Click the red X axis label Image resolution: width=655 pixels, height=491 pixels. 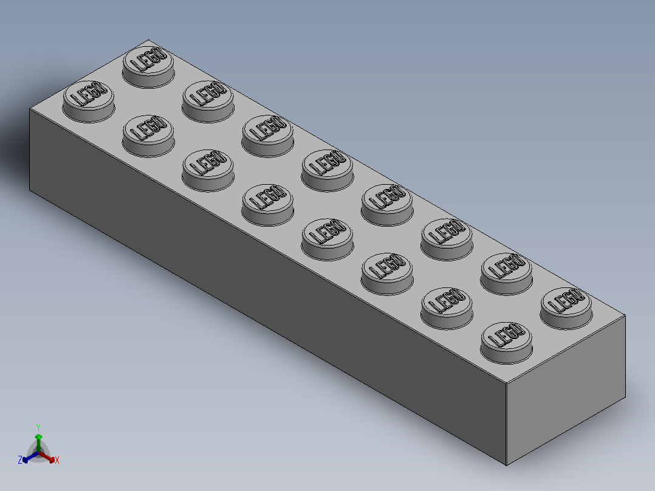[57, 461]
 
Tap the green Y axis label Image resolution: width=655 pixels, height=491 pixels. [38, 427]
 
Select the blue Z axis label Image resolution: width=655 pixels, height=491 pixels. [20, 461]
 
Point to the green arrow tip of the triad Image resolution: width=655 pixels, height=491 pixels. [38, 436]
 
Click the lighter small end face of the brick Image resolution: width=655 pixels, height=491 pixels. [566, 389]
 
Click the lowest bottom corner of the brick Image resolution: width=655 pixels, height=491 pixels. [507, 465]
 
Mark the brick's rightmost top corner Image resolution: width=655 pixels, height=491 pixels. [625, 315]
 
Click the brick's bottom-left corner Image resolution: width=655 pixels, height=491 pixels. [30, 190]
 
